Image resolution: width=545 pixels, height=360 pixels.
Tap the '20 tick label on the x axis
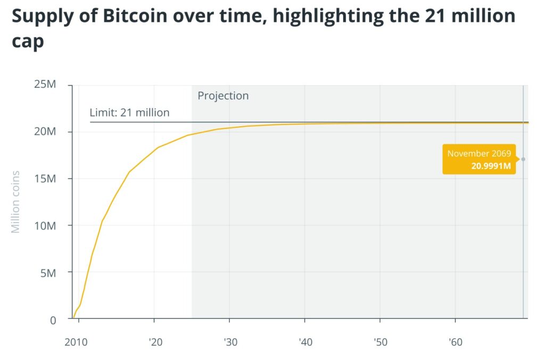[x=155, y=342]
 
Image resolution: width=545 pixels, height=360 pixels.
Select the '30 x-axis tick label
[x=230, y=342]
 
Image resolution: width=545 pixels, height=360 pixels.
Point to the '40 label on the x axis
[x=305, y=342]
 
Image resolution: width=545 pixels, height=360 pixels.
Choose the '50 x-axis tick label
[x=381, y=342]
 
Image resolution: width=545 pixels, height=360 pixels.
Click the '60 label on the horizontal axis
[x=456, y=342]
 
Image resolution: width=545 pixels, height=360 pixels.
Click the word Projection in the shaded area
[x=223, y=96]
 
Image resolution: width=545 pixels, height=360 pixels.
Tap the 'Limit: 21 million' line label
[x=129, y=113]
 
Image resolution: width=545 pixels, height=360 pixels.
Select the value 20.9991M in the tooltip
[x=491, y=166]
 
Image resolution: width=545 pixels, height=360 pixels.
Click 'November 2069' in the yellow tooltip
[x=479, y=153]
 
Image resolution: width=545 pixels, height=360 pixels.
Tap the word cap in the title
[x=28, y=43]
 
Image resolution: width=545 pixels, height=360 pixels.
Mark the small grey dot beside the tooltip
[x=523, y=159]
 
